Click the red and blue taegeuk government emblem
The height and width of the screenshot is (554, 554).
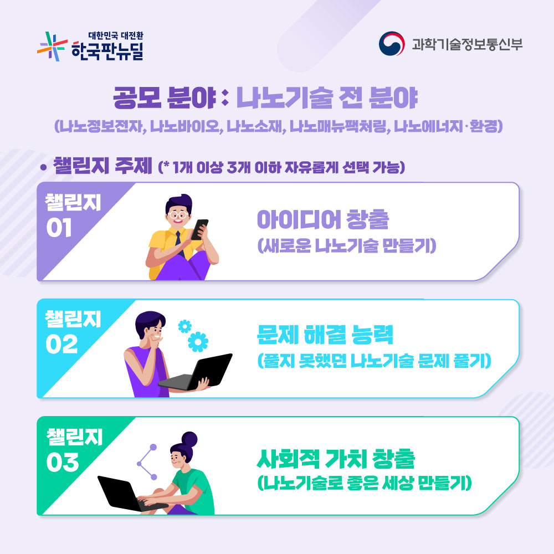click(x=392, y=44)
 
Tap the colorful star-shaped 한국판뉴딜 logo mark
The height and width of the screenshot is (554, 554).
click(x=52, y=47)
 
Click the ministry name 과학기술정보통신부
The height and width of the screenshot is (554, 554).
click(x=467, y=44)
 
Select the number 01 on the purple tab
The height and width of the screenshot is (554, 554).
click(x=59, y=227)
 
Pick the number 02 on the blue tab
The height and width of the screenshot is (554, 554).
click(x=61, y=344)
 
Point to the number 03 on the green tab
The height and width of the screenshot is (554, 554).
click(x=63, y=462)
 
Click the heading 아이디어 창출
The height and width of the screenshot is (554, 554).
click(x=323, y=220)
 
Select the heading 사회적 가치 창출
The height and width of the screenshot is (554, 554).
click(x=336, y=459)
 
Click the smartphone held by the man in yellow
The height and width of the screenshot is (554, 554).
click(x=199, y=229)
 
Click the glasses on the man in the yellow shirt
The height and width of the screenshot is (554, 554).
click(x=177, y=215)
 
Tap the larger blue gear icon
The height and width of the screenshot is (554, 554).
click(x=198, y=342)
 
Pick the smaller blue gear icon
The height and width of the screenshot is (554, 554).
click(x=185, y=326)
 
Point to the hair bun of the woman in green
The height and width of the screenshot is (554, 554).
click(x=189, y=439)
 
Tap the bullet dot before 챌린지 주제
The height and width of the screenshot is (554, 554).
click(x=43, y=167)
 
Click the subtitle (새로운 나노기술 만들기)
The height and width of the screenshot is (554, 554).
click(x=347, y=245)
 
